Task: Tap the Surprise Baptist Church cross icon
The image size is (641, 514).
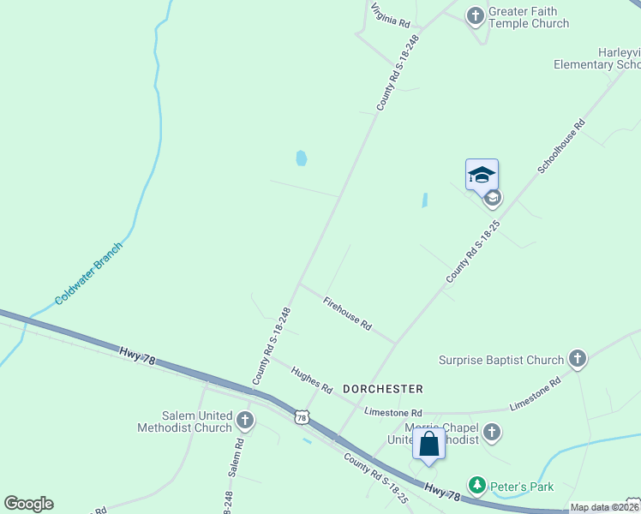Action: pyautogui.click(x=578, y=359)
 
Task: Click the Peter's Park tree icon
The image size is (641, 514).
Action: pyautogui.click(x=477, y=486)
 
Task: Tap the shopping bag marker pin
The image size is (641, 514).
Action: pyautogui.click(x=428, y=445)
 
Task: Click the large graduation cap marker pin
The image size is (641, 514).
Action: pyautogui.click(x=482, y=175)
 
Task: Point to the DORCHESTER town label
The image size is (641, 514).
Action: pyautogui.click(x=383, y=388)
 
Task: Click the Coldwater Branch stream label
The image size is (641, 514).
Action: pyautogui.click(x=89, y=273)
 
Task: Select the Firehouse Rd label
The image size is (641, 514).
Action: pyautogui.click(x=347, y=314)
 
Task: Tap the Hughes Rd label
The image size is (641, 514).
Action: pyautogui.click(x=311, y=380)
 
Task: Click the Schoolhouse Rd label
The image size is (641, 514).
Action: pyautogui.click(x=561, y=146)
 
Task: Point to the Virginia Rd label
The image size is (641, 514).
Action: pyautogui.click(x=391, y=15)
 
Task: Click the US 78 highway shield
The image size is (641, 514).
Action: pyautogui.click(x=300, y=417)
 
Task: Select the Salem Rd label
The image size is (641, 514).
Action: pyautogui.click(x=237, y=457)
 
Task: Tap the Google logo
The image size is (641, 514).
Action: pyautogui.click(x=28, y=504)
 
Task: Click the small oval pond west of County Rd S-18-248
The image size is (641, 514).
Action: pyautogui.click(x=301, y=158)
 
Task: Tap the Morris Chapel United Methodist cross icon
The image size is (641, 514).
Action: pyautogui.click(x=492, y=432)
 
